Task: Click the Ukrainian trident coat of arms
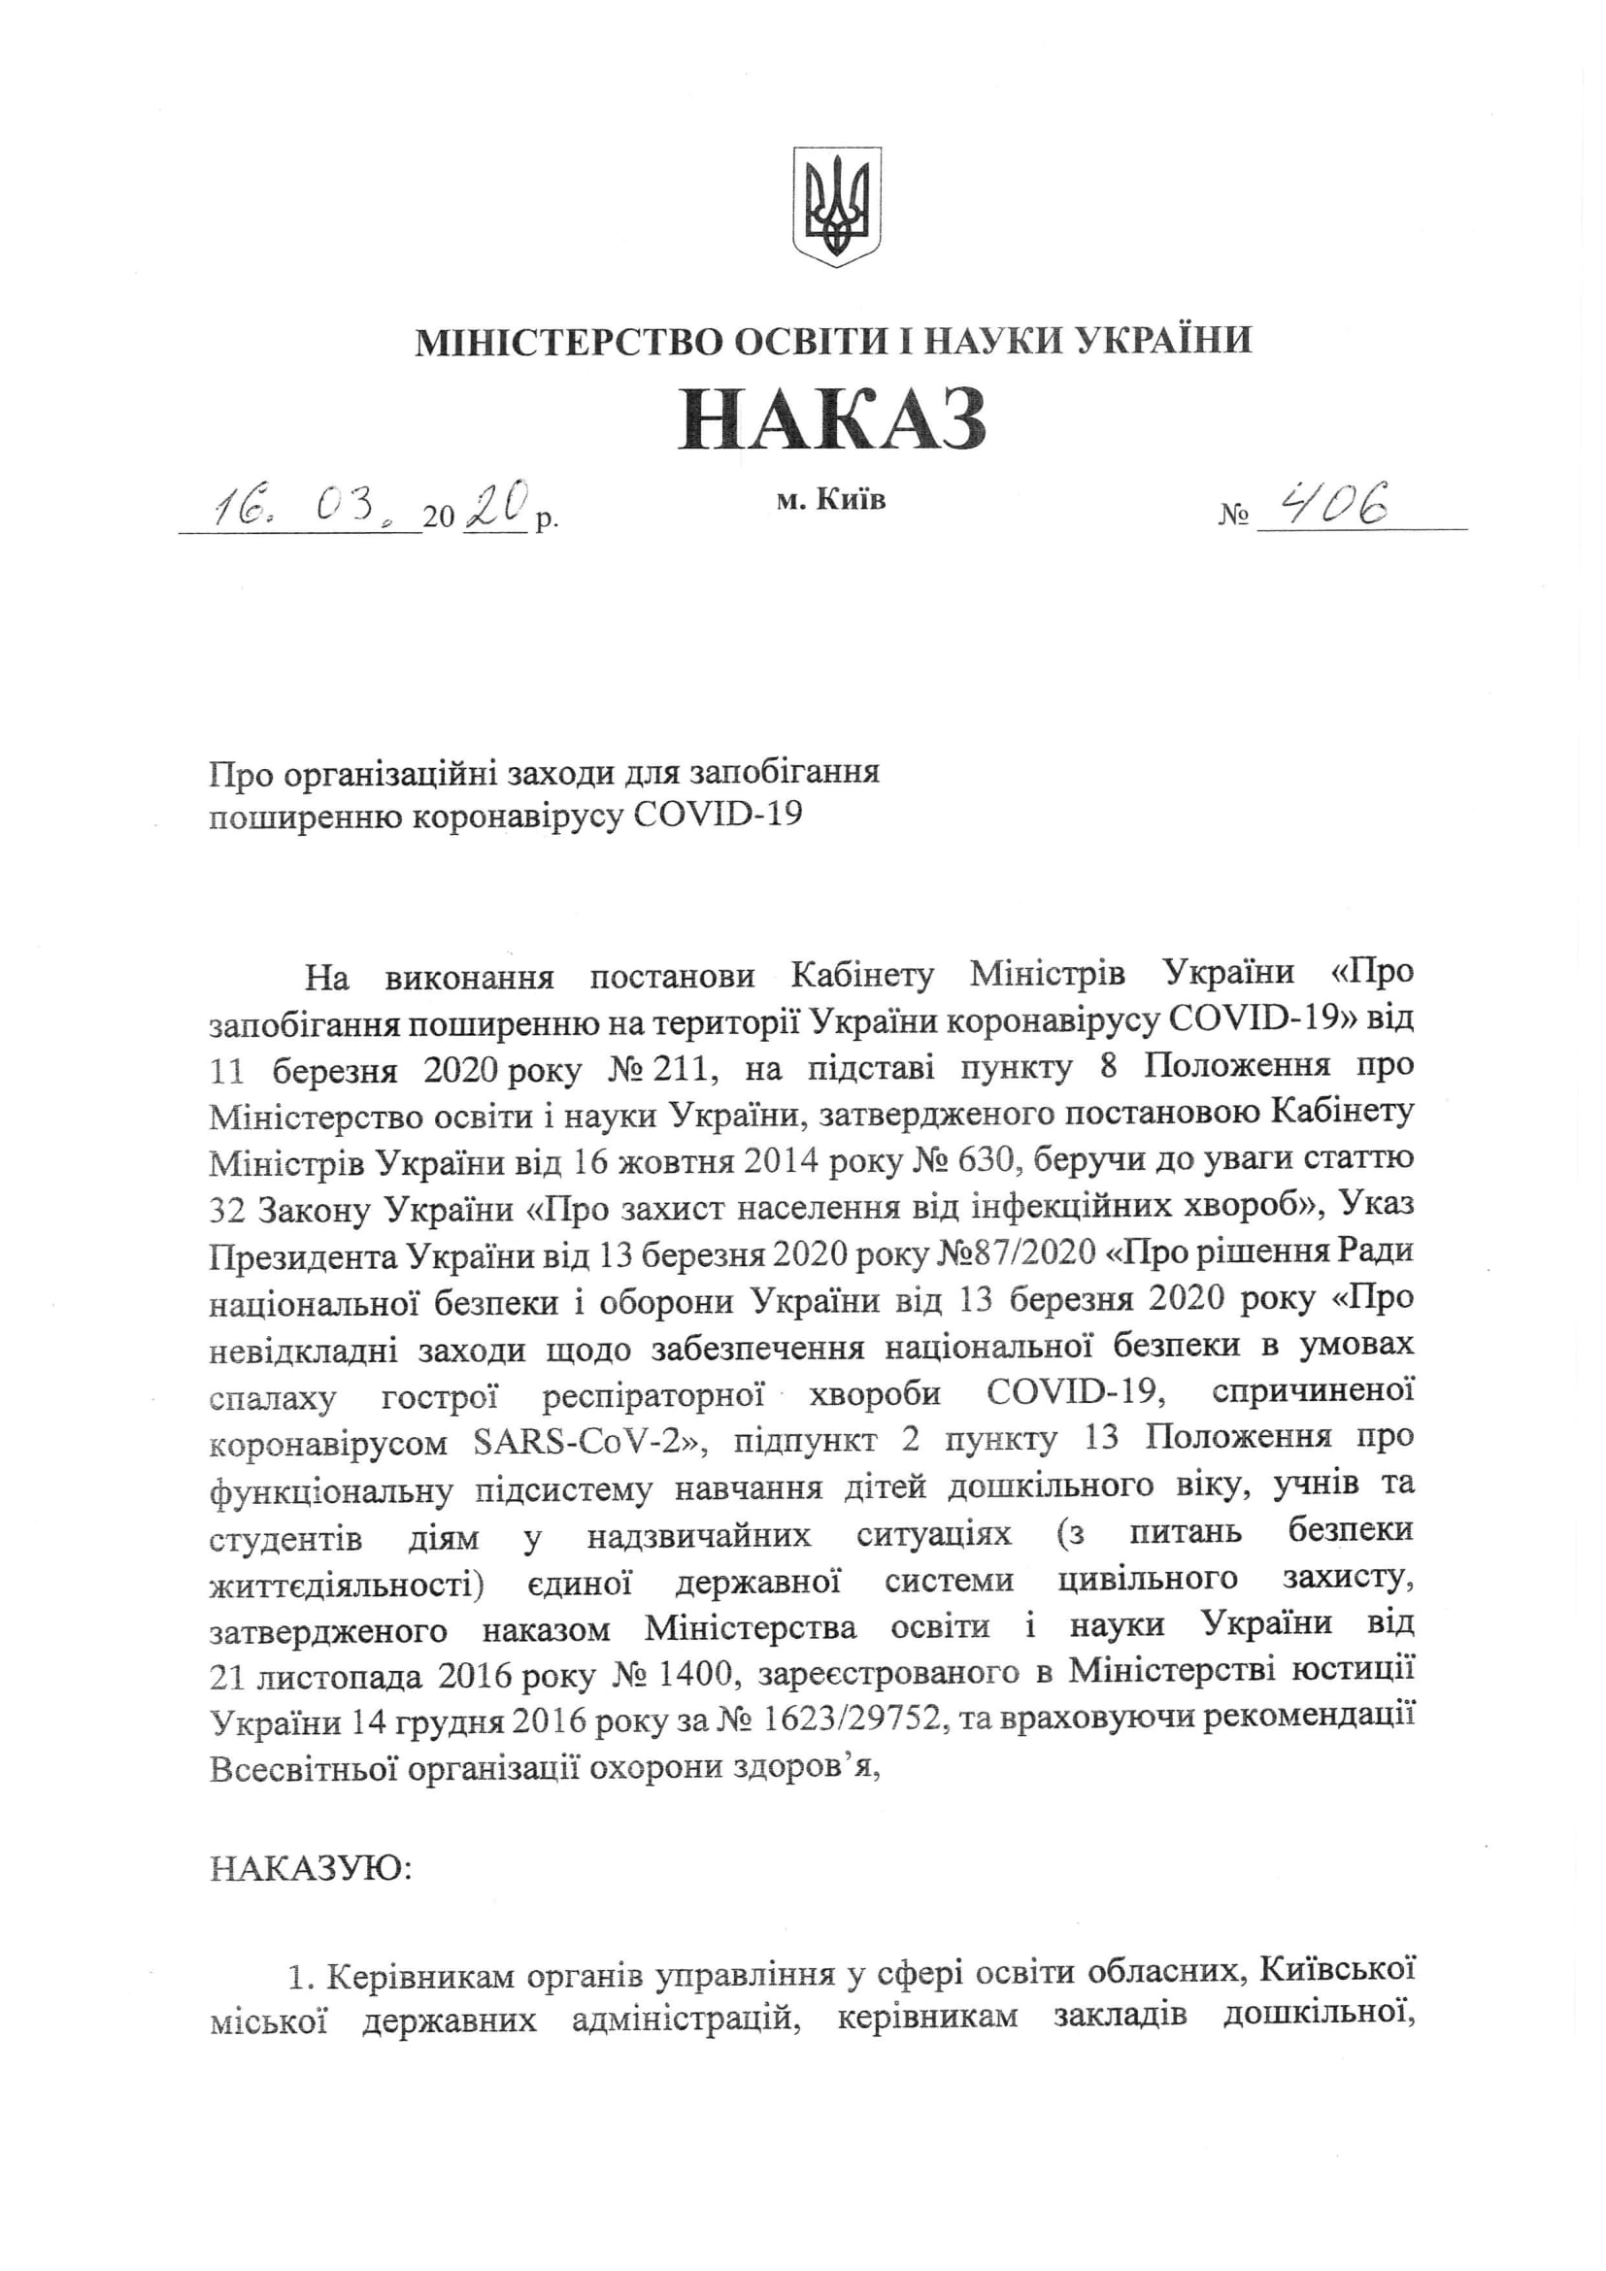click(x=836, y=206)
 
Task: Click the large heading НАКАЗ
click(x=833, y=418)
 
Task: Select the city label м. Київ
click(x=831, y=500)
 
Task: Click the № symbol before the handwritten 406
click(x=1233, y=515)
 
